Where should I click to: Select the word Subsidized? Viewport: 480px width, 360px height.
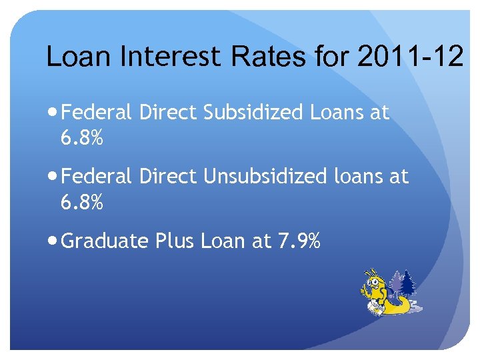coord(253,113)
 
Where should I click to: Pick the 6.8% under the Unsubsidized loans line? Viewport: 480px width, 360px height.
coord(81,203)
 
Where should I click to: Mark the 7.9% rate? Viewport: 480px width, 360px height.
coord(297,241)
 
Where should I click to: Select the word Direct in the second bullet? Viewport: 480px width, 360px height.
coord(168,177)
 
